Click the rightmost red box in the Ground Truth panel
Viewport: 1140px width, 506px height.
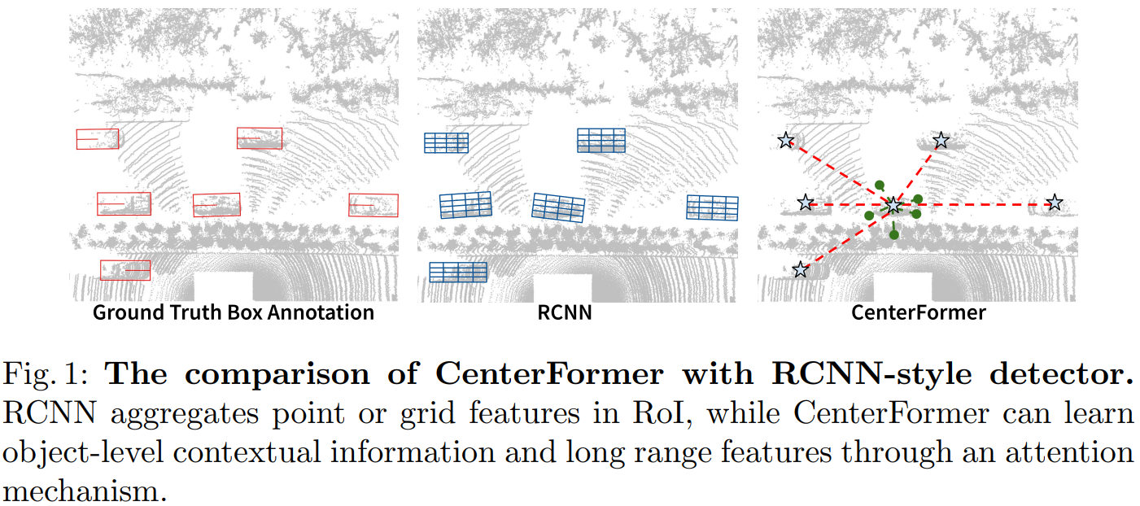373,205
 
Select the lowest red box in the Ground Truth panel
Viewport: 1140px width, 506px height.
125,270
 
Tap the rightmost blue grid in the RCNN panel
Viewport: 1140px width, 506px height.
712,207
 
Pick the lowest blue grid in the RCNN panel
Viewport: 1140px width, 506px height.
457,272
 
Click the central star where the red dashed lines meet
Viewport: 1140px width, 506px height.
893,206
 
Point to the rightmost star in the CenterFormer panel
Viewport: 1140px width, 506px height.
1054,203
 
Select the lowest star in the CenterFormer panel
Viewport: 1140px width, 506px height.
801,269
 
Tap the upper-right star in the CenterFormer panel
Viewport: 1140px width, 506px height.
941,141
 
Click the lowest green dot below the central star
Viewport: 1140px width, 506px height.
894,235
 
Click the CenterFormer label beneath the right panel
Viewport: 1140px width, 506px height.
918,312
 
